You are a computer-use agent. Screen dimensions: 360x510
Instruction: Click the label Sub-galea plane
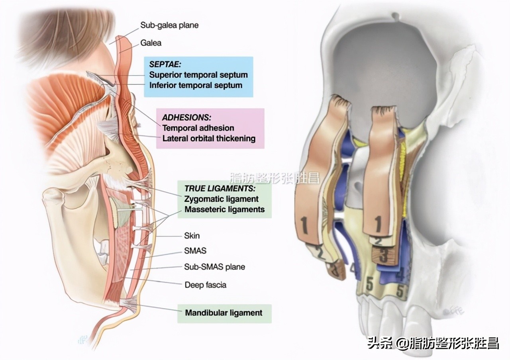pos(169,25)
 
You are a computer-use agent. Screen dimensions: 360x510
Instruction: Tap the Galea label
pos(151,43)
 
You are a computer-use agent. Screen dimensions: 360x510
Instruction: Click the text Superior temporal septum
pos(198,74)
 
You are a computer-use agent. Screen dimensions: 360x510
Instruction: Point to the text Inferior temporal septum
pos(195,85)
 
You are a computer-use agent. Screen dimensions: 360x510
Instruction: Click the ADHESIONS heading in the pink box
pos(186,117)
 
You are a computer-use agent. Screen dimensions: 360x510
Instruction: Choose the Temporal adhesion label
pos(198,128)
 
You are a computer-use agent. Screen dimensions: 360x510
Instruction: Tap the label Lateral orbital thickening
pos(208,139)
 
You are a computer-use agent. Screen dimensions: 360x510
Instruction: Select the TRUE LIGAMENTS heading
pos(220,188)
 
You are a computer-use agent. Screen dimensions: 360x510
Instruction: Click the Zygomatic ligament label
pos(221,199)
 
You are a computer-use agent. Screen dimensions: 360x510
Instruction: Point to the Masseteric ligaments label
pos(224,209)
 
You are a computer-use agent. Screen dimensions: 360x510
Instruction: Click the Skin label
pos(192,236)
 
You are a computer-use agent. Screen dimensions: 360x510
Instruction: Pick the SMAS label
pos(195,251)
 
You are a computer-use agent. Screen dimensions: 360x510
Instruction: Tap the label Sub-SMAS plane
pos(214,266)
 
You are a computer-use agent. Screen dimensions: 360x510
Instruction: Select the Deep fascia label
pos(205,285)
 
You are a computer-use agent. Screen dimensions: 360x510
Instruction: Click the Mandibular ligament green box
pos(224,313)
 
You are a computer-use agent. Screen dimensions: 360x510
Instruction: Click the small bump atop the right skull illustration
pos(395,16)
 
